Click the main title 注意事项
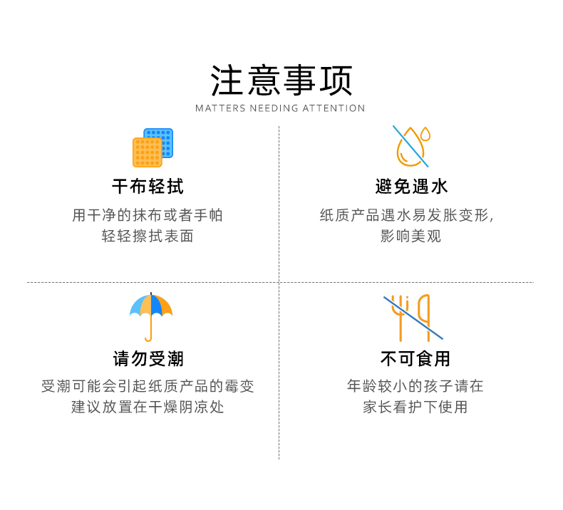(281, 80)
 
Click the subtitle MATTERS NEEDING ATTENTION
(280, 108)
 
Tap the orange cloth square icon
(146, 152)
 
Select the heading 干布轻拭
(148, 187)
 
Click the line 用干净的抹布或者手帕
(148, 215)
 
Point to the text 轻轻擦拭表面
(148, 236)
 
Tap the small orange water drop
(425, 133)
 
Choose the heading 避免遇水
(412, 187)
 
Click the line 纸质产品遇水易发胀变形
(406, 215)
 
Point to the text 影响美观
(411, 236)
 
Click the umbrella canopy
(151, 306)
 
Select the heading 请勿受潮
(148, 358)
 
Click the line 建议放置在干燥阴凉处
(148, 407)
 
